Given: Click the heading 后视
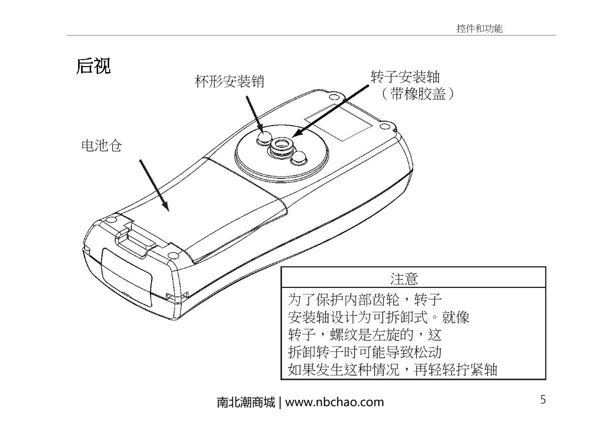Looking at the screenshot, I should coord(93,66).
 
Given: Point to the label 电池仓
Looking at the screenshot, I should coord(102,146).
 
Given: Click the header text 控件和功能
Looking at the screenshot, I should coord(479,29).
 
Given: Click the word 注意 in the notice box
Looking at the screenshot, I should coord(404,278).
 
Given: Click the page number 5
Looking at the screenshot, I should coord(543,399).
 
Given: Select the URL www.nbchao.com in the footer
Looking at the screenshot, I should coord(335,401).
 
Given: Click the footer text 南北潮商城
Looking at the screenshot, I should coord(245,402).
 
